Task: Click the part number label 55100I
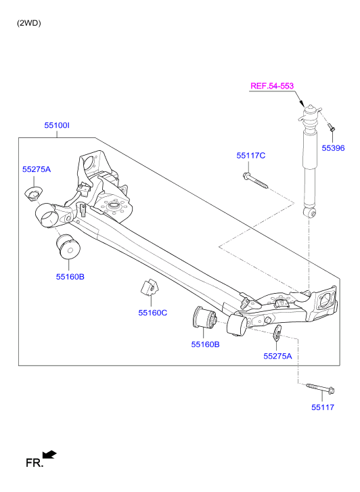click(x=57, y=125)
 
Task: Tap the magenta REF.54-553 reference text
click(x=272, y=86)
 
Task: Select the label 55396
click(x=333, y=148)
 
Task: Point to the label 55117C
click(x=251, y=156)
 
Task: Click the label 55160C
click(x=153, y=313)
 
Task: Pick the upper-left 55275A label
click(x=37, y=169)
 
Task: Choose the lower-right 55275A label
click(x=277, y=356)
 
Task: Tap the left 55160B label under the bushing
click(x=70, y=277)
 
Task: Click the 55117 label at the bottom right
click(x=323, y=407)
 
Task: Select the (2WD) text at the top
click(x=29, y=23)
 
